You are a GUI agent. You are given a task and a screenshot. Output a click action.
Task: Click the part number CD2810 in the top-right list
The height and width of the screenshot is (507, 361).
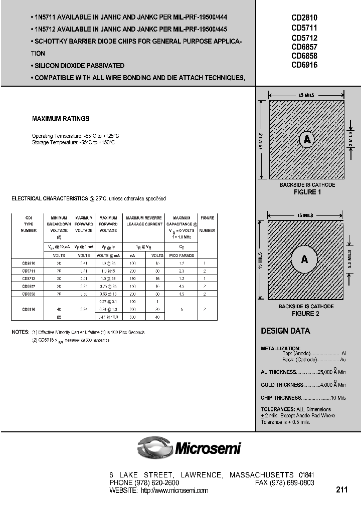pyautogui.click(x=304, y=18)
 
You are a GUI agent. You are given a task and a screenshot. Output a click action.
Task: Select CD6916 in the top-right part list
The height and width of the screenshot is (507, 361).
pyautogui.click(x=304, y=65)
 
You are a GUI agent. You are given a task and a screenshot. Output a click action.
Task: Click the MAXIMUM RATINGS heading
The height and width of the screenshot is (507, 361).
pyautogui.click(x=61, y=119)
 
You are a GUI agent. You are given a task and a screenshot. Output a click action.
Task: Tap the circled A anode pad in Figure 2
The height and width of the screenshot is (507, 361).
pyautogui.click(x=304, y=259)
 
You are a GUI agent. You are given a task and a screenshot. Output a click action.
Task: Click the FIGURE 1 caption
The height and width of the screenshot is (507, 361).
pyautogui.click(x=307, y=192)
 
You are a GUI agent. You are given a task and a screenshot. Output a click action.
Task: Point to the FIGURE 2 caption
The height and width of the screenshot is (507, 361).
pyautogui.click(x=305, y=314)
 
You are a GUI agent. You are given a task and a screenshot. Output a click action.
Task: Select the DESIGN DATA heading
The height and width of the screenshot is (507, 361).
pyautogui.click(x=285, y=331)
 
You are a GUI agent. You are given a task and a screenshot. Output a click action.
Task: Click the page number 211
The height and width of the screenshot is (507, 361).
pyautogui.click(x=341, y=489)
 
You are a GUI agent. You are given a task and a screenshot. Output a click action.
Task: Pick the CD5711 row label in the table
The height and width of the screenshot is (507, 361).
pyautogui.click(x=29, y=271)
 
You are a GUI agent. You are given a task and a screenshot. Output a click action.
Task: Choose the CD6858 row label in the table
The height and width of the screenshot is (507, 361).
pyautogui.click(x=29, y=294)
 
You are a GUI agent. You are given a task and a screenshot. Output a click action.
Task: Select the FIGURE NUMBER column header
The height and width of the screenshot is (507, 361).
pyautogui.click(x=207, y=224)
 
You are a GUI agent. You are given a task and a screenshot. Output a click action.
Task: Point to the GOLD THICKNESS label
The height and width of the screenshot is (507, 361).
pyautogui.click(x=282, y=385)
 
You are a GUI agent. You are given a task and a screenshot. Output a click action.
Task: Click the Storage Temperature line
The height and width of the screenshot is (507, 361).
pyautogui.click(x=73, y=142)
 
